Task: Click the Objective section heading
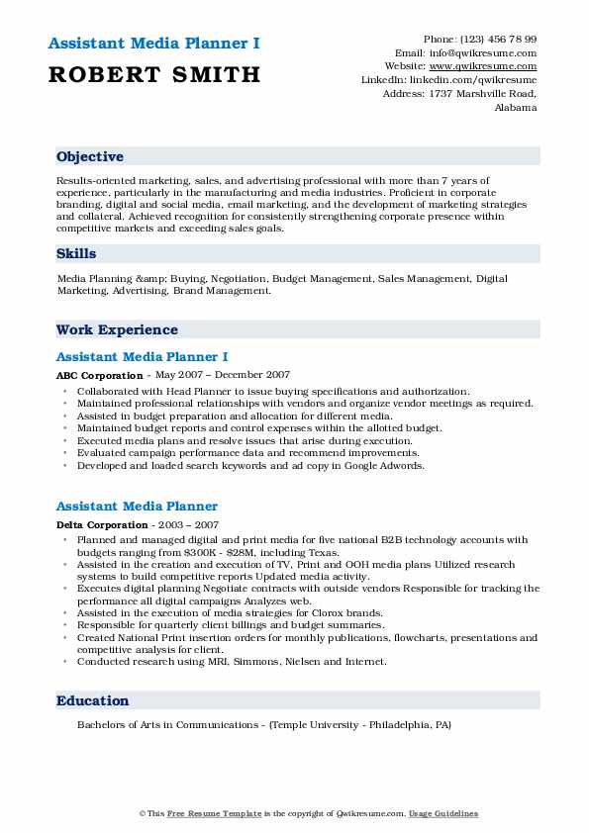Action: (90, 157)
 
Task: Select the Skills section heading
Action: (76, 254)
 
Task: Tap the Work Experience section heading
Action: (117, 330)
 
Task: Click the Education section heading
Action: (93, 701)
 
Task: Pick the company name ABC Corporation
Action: (100, 376)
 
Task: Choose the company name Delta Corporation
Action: (102, 525)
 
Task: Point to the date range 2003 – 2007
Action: (187, 525)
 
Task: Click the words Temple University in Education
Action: (325, 725)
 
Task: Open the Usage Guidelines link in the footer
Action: (444, 813)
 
